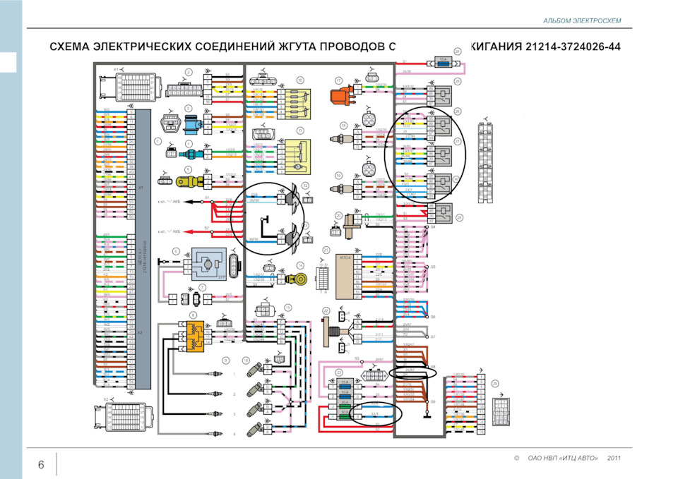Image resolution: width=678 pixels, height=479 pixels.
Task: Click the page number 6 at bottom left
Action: [x=41, y=464]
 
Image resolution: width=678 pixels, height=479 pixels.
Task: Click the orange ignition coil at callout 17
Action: [x=341, y=97]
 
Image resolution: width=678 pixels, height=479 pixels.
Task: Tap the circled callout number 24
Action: [x=457, y=51]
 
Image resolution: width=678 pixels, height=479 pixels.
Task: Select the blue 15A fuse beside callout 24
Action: [x=444, y=63]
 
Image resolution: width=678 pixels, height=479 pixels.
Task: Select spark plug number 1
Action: [x=213, y=374]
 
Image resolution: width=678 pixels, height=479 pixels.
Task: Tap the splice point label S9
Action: [x=433, y=401]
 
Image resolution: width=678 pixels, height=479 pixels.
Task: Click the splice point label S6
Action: [x=433, y=317]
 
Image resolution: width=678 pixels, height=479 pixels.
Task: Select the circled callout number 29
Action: [x=495, y=384]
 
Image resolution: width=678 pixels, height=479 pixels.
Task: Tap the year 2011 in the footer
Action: [x=614, y=459]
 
